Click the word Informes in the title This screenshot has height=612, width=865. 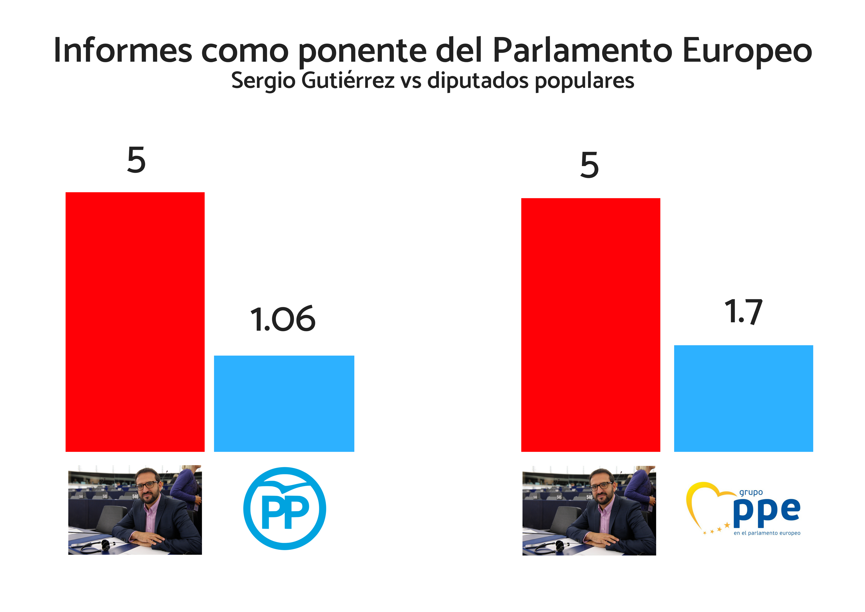coord(123,51)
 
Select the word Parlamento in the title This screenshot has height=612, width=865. coord(582,51)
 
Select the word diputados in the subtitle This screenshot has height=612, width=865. coord(478,81)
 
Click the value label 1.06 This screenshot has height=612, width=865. coord(283,319)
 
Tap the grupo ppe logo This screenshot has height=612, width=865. coord(743,509)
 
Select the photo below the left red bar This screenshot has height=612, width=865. coord(135,510)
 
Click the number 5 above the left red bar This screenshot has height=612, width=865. coord(136,160)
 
